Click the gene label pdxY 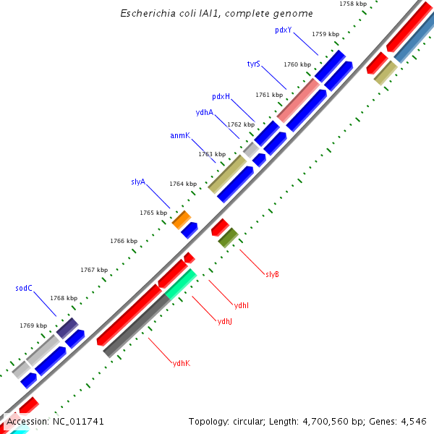click(x=283, y=30)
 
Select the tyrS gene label click(x=253, y=64)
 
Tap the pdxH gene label click(x=221, y=96)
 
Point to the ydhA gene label click(x=204, y=112)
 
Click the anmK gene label click(x=179, y=135)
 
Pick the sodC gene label click(x=24, y=288)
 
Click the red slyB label click(x=272, y=274)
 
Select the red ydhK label click(x=181, y=362)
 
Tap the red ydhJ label click(x=225, y=321)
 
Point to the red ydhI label click(x=242, y=305)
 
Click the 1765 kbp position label click(x=153, y=213)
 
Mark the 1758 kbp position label click(x=352, y=4)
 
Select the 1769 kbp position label click(x=33, y=325)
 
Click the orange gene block click(x=181, y=219)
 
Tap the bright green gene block click(x=181, y=284)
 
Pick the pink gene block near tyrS click(x=298, y=100)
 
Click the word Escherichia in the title click(x=148, y=13)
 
